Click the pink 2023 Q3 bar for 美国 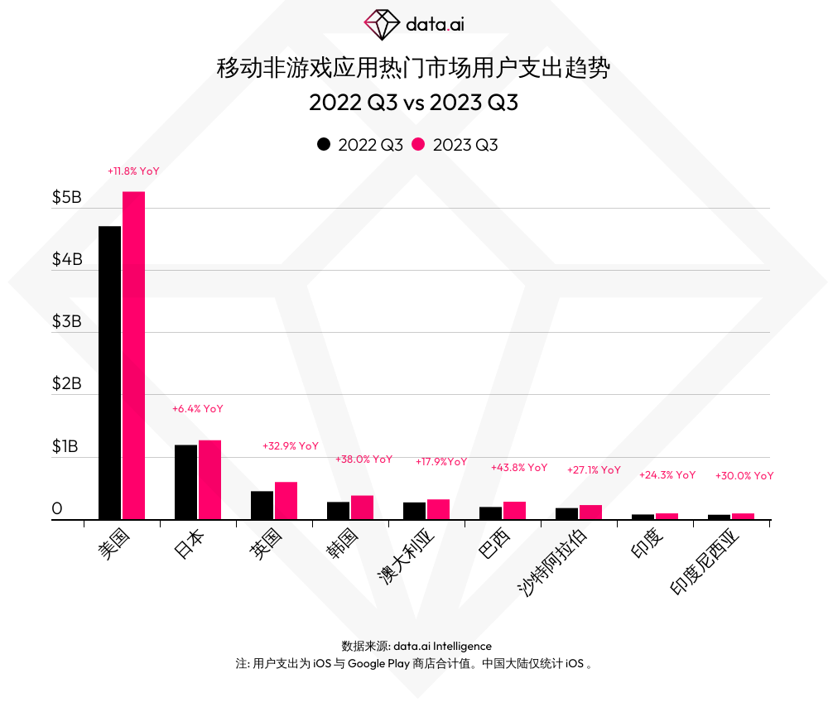133,356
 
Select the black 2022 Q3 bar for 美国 109,373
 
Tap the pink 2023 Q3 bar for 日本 209,480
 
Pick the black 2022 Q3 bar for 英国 262,505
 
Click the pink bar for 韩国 362,508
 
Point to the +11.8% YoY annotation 133,171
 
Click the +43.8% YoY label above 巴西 519,468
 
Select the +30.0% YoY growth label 744,476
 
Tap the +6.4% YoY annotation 198,409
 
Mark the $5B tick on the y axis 67,198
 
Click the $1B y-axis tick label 65,447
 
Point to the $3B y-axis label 67,322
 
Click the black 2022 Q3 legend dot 324,144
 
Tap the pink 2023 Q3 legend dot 418,144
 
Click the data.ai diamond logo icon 382,25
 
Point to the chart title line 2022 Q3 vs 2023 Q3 413,103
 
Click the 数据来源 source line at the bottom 416,646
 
